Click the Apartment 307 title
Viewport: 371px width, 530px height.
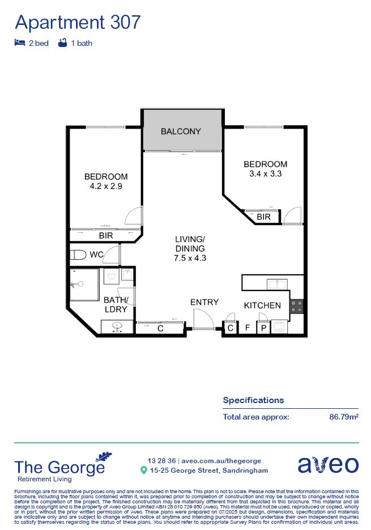click(78, 22)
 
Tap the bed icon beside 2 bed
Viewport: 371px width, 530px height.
click(20, 43)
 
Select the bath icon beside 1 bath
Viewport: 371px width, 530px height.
click(62, 43)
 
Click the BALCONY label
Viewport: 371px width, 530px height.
click(181, 131)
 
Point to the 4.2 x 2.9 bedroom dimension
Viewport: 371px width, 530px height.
click(106, 186)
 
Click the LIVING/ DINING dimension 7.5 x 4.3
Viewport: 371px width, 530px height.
click(190, 258)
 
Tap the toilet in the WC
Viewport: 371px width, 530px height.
click(78, 254)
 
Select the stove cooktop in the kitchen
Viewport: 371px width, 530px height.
click(297, 306)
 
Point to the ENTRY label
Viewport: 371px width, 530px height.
click(204, 302)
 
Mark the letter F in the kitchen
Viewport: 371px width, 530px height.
click(247, 328)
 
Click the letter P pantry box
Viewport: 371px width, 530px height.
click(263, 328)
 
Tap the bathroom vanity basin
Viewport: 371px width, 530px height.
click(117, 327)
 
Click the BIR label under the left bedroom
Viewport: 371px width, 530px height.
click(106, 235)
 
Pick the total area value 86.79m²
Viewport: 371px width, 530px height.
click(343, 417)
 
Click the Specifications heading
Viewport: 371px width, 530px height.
click(253, 400)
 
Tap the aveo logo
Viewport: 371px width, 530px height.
click(328, 464)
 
